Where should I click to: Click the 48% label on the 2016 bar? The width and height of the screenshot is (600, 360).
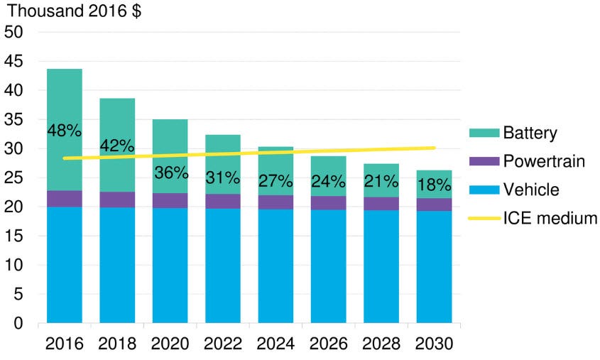click(64, 131)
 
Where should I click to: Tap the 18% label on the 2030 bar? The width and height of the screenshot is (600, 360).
click(434, 185)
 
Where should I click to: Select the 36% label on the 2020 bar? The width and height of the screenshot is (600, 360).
click(170, 173)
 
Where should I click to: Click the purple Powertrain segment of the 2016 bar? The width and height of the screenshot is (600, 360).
click(64, 199)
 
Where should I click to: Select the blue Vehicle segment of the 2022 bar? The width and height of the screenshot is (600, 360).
click(223, 266)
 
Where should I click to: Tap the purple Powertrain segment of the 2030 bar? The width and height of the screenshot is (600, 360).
click(434, 204)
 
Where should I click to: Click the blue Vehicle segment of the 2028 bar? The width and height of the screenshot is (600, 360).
click(381, 266)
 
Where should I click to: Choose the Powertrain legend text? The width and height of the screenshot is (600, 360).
click(544, 161)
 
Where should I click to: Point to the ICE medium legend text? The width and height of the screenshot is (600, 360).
click(550, 218)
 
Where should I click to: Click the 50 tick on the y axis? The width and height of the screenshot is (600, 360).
click(15, 33)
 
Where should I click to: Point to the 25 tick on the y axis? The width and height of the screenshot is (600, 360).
click(15, 178)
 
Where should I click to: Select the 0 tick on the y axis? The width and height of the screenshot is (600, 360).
click(19, 324)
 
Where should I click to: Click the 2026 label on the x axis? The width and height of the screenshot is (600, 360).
click(329, 344)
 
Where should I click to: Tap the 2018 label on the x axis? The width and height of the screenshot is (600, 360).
click(117, 344)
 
